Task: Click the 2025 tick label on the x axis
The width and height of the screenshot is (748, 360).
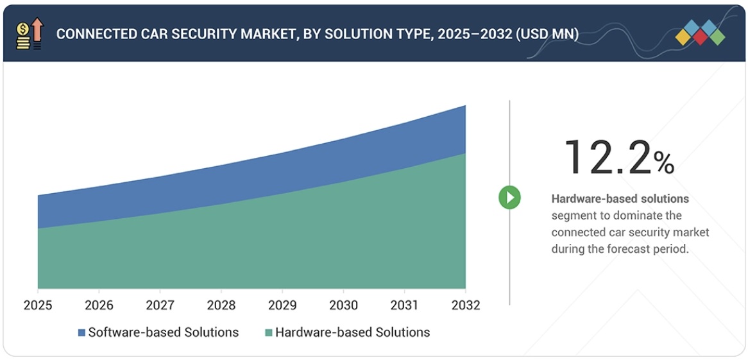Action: [x=38, y=305]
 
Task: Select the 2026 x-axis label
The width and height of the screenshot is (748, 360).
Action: [x=99, y=305]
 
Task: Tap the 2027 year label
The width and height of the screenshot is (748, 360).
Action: [x=160, y=305]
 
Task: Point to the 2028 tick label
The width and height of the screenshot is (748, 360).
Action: [x=221, y=305]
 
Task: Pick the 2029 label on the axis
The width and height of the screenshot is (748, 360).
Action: [x=282, y=305]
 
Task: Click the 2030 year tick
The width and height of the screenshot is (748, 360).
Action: [x=343, y=305]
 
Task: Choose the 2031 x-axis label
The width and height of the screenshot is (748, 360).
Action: [x=404, y=305]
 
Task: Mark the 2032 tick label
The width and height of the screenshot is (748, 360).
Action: [x=465, y=305]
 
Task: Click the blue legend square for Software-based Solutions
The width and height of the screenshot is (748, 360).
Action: [x=81, y=332]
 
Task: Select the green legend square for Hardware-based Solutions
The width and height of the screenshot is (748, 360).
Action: [x=269, y=332]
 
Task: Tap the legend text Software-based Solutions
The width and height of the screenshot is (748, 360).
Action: [x=163, y=332]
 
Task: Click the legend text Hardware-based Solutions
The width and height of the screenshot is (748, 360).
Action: [x=352, y=332]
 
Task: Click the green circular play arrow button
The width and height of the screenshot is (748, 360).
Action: [x=510, y=198]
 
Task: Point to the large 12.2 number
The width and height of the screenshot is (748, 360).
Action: [x=607, y=157]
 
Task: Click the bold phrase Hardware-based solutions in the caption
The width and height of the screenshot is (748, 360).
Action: [x=620, y=199]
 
